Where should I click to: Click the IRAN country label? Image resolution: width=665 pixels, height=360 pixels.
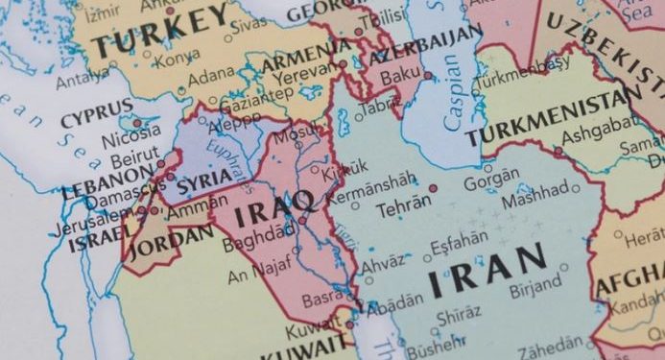tap(488, 271)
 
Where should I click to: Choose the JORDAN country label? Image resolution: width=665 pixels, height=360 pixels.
tap(171, 241)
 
